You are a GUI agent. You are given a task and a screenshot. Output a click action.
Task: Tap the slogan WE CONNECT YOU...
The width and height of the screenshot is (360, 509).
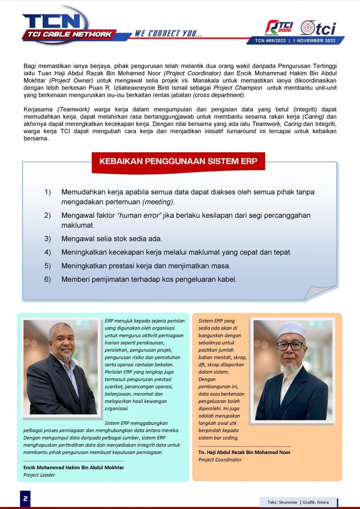point(168,34)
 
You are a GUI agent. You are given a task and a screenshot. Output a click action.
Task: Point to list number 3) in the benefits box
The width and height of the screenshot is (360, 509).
point(48,239)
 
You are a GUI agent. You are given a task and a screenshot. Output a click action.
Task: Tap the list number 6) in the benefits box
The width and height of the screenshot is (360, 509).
point(48,279)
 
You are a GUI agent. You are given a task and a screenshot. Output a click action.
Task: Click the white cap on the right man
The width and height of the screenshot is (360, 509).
point(292,329)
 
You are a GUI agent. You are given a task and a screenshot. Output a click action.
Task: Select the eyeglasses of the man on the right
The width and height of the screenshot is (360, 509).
point(290,346)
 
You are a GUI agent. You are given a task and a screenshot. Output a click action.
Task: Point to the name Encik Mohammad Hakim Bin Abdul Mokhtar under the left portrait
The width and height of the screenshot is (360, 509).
point(73,468)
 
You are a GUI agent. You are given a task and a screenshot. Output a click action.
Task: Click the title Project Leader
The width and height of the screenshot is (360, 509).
point(39,475)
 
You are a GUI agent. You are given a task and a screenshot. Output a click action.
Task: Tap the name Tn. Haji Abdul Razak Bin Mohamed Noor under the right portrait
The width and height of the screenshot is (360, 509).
point(244,452)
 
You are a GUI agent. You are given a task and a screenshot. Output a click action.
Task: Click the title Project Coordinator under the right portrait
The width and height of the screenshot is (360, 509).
point(220,459)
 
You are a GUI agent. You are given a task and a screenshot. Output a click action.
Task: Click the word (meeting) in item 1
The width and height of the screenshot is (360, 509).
point(158,202)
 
